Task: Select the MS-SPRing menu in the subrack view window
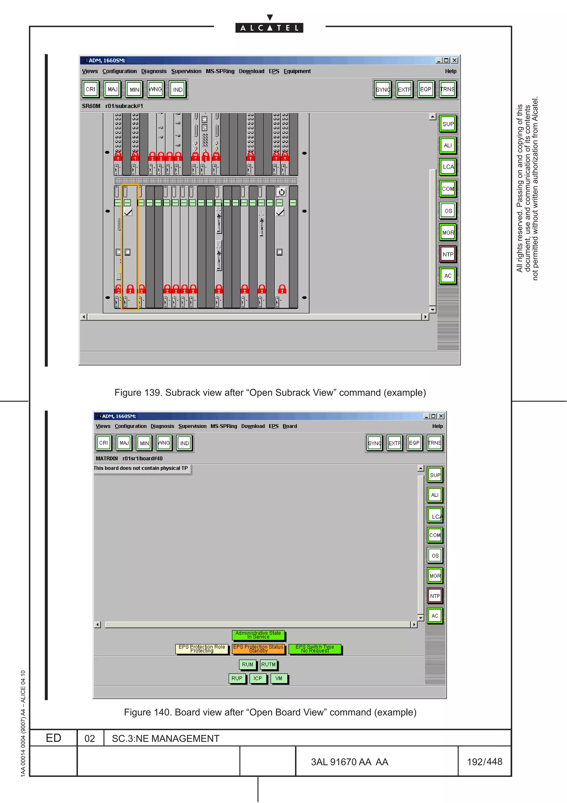[220, 71]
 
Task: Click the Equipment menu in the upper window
[297, 71]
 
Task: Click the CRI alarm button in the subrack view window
[90, 89]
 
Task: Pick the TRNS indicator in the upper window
[447, 89]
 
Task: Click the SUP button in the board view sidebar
[435, 475]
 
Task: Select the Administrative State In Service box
[258, 635]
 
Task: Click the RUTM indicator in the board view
[268, 664]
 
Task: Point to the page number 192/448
[484, 762]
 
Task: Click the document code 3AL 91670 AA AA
[349, 762]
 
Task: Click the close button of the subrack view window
[455, 60]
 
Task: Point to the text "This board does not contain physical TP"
[141, 468]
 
